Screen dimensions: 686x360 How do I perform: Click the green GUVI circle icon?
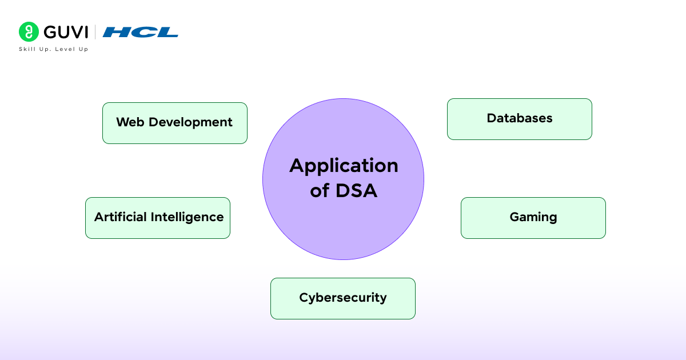(29, 32)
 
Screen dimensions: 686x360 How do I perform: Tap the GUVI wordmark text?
(66, 32)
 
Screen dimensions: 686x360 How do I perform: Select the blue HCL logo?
(140, 32)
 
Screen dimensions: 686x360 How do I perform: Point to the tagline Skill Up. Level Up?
(54, 49)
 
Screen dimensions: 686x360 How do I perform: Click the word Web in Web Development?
(130, 122)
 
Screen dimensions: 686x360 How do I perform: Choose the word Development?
(190, 123)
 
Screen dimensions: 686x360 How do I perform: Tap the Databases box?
(520, 119)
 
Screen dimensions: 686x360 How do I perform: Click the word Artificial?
(121, 217)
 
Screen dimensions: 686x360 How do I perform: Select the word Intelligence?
(187, 218)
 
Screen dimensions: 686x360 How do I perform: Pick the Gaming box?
(533, 218)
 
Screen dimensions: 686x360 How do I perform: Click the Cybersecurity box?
(343, 298)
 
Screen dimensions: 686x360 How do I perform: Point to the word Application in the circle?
(344, 166)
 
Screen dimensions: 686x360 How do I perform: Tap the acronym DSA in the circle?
(356, 191)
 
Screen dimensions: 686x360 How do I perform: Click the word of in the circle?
(320, 190)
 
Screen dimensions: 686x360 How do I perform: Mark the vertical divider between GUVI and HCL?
(95, 32)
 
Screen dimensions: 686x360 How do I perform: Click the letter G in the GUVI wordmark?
(50, 32)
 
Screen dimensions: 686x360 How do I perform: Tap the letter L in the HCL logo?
(167, 32)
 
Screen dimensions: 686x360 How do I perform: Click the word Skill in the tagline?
(27, 49)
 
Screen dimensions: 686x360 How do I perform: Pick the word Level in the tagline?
(65, 49)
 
